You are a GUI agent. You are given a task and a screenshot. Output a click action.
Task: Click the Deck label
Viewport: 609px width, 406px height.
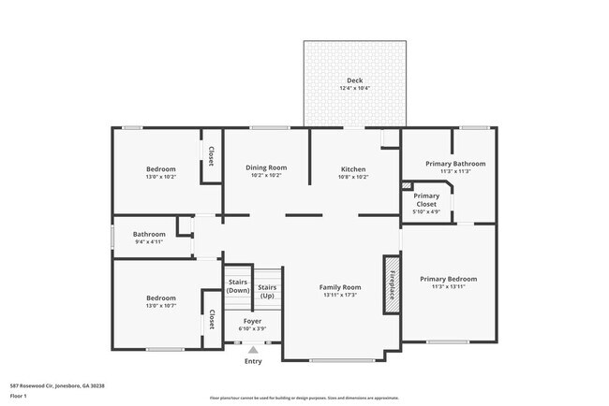pyautogui.click(x=354, y=80)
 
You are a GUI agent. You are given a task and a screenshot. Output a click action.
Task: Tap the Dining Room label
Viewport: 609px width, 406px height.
pyautogui.click(x=266, y=167)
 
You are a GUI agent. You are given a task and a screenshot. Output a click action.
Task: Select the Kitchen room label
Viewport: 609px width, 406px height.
pyautogui.click(x=352, y=169)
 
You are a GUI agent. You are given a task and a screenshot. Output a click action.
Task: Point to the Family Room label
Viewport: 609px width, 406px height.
pyautogui.click(x=340, y=287)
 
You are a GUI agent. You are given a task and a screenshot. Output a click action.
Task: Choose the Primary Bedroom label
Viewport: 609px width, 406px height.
pyautogui.click(x=448, y=279)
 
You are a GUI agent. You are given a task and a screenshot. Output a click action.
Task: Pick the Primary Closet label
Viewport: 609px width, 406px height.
pyautogui.click(x=426, y=200)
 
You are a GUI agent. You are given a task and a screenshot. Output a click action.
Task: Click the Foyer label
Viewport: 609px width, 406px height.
pyautogui.click(x=252, y=321)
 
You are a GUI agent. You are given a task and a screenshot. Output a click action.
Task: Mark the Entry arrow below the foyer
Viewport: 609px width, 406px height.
pyautogui.click(x=253, y=350)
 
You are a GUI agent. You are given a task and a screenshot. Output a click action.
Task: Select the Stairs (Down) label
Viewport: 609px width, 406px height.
pyautogui.click(x=238, y=286)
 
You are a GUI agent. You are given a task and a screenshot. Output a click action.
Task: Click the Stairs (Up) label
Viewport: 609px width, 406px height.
pyautogui.click(x=267, y=291)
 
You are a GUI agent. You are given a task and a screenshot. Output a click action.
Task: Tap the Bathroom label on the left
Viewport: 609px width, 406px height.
pyautogui.click(x=148, y=234)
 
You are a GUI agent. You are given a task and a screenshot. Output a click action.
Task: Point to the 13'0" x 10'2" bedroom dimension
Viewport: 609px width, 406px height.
pyautogui.click(x=160, y=177)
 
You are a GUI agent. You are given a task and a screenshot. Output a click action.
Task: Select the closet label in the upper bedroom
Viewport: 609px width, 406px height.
pyautogui.click(x=211, y=155)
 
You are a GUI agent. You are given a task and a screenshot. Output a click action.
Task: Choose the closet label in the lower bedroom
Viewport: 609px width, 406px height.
pyautogui.click(x=211, y=318)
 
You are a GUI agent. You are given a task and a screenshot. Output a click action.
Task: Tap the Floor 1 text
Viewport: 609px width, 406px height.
pyautogui.click(x=19, y=396)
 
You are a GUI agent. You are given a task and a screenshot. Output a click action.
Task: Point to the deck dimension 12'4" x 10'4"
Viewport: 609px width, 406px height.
pyautogui.click(x=354, y=89)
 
